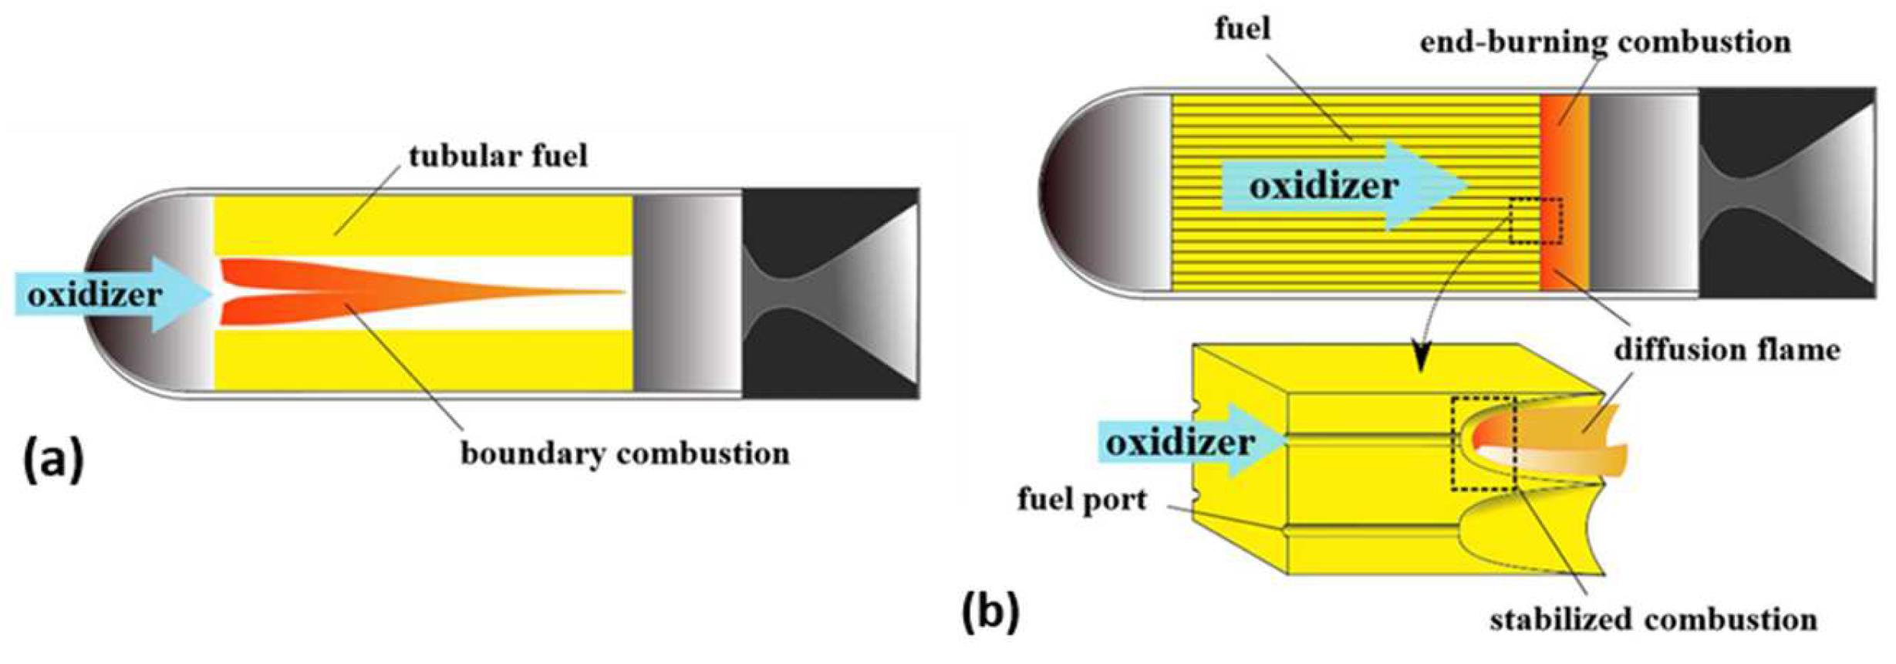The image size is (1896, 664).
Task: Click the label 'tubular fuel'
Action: tap(498, 157)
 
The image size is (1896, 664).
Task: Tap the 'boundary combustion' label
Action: tap(625, 453)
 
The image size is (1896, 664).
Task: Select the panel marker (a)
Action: tap(53, 461)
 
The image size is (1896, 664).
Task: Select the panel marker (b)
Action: tap(990, 612)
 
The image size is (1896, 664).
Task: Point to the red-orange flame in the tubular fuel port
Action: tap(347, 293)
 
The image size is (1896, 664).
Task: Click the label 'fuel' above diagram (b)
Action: tap(1242, 29)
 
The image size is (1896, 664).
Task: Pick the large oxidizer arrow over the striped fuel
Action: tap(1342, 186)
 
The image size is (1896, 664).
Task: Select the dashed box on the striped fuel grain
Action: tap(1536, 221)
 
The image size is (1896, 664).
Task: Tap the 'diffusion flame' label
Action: tap(1727, 350)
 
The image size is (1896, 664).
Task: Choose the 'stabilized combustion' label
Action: tap(1653, 619)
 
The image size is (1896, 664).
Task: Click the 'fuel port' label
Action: tap(1081, 499)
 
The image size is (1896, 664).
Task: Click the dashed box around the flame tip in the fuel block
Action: tap(1483, 443)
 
